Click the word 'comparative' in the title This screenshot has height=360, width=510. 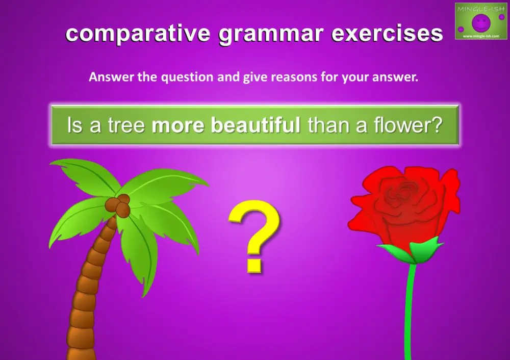(137, 34)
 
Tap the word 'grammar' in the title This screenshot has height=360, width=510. (271, 34)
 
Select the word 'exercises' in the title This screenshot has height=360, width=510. (387, 34)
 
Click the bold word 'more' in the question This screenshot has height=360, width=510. (179, 125)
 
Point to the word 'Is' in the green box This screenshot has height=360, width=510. (74, 125)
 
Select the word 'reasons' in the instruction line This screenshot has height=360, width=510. (291, 78)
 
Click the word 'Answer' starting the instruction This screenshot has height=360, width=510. (108, 78)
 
